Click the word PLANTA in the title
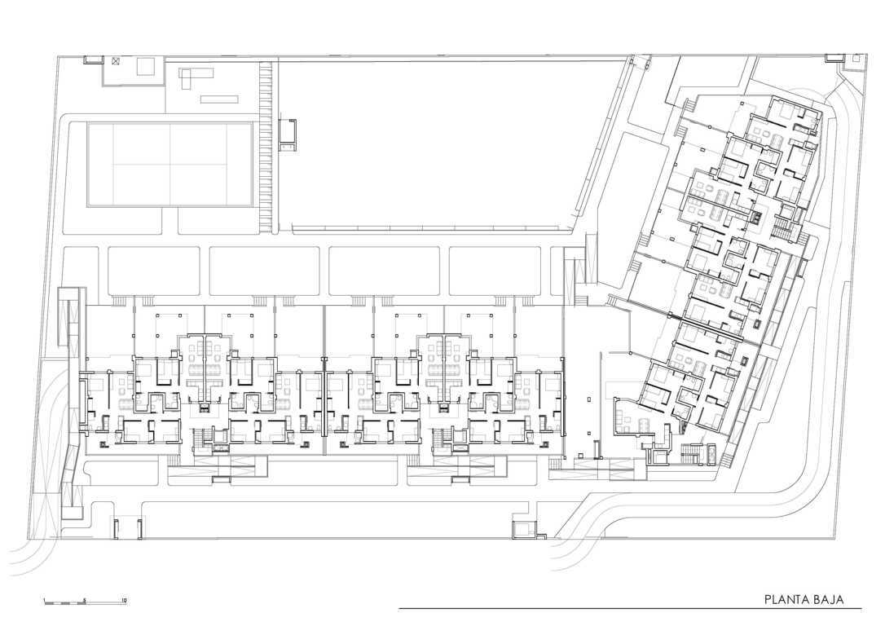[785, 599]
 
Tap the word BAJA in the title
[828, 599]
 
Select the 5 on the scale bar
[84, 600]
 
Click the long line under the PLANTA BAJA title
[630, 609]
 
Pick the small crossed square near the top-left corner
[117, 61]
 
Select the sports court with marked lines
[170, 165]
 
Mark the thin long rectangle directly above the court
[219, 99]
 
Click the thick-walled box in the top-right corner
[833, 58]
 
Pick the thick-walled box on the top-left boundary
[93, 60]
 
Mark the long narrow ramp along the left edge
[72, 401]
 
